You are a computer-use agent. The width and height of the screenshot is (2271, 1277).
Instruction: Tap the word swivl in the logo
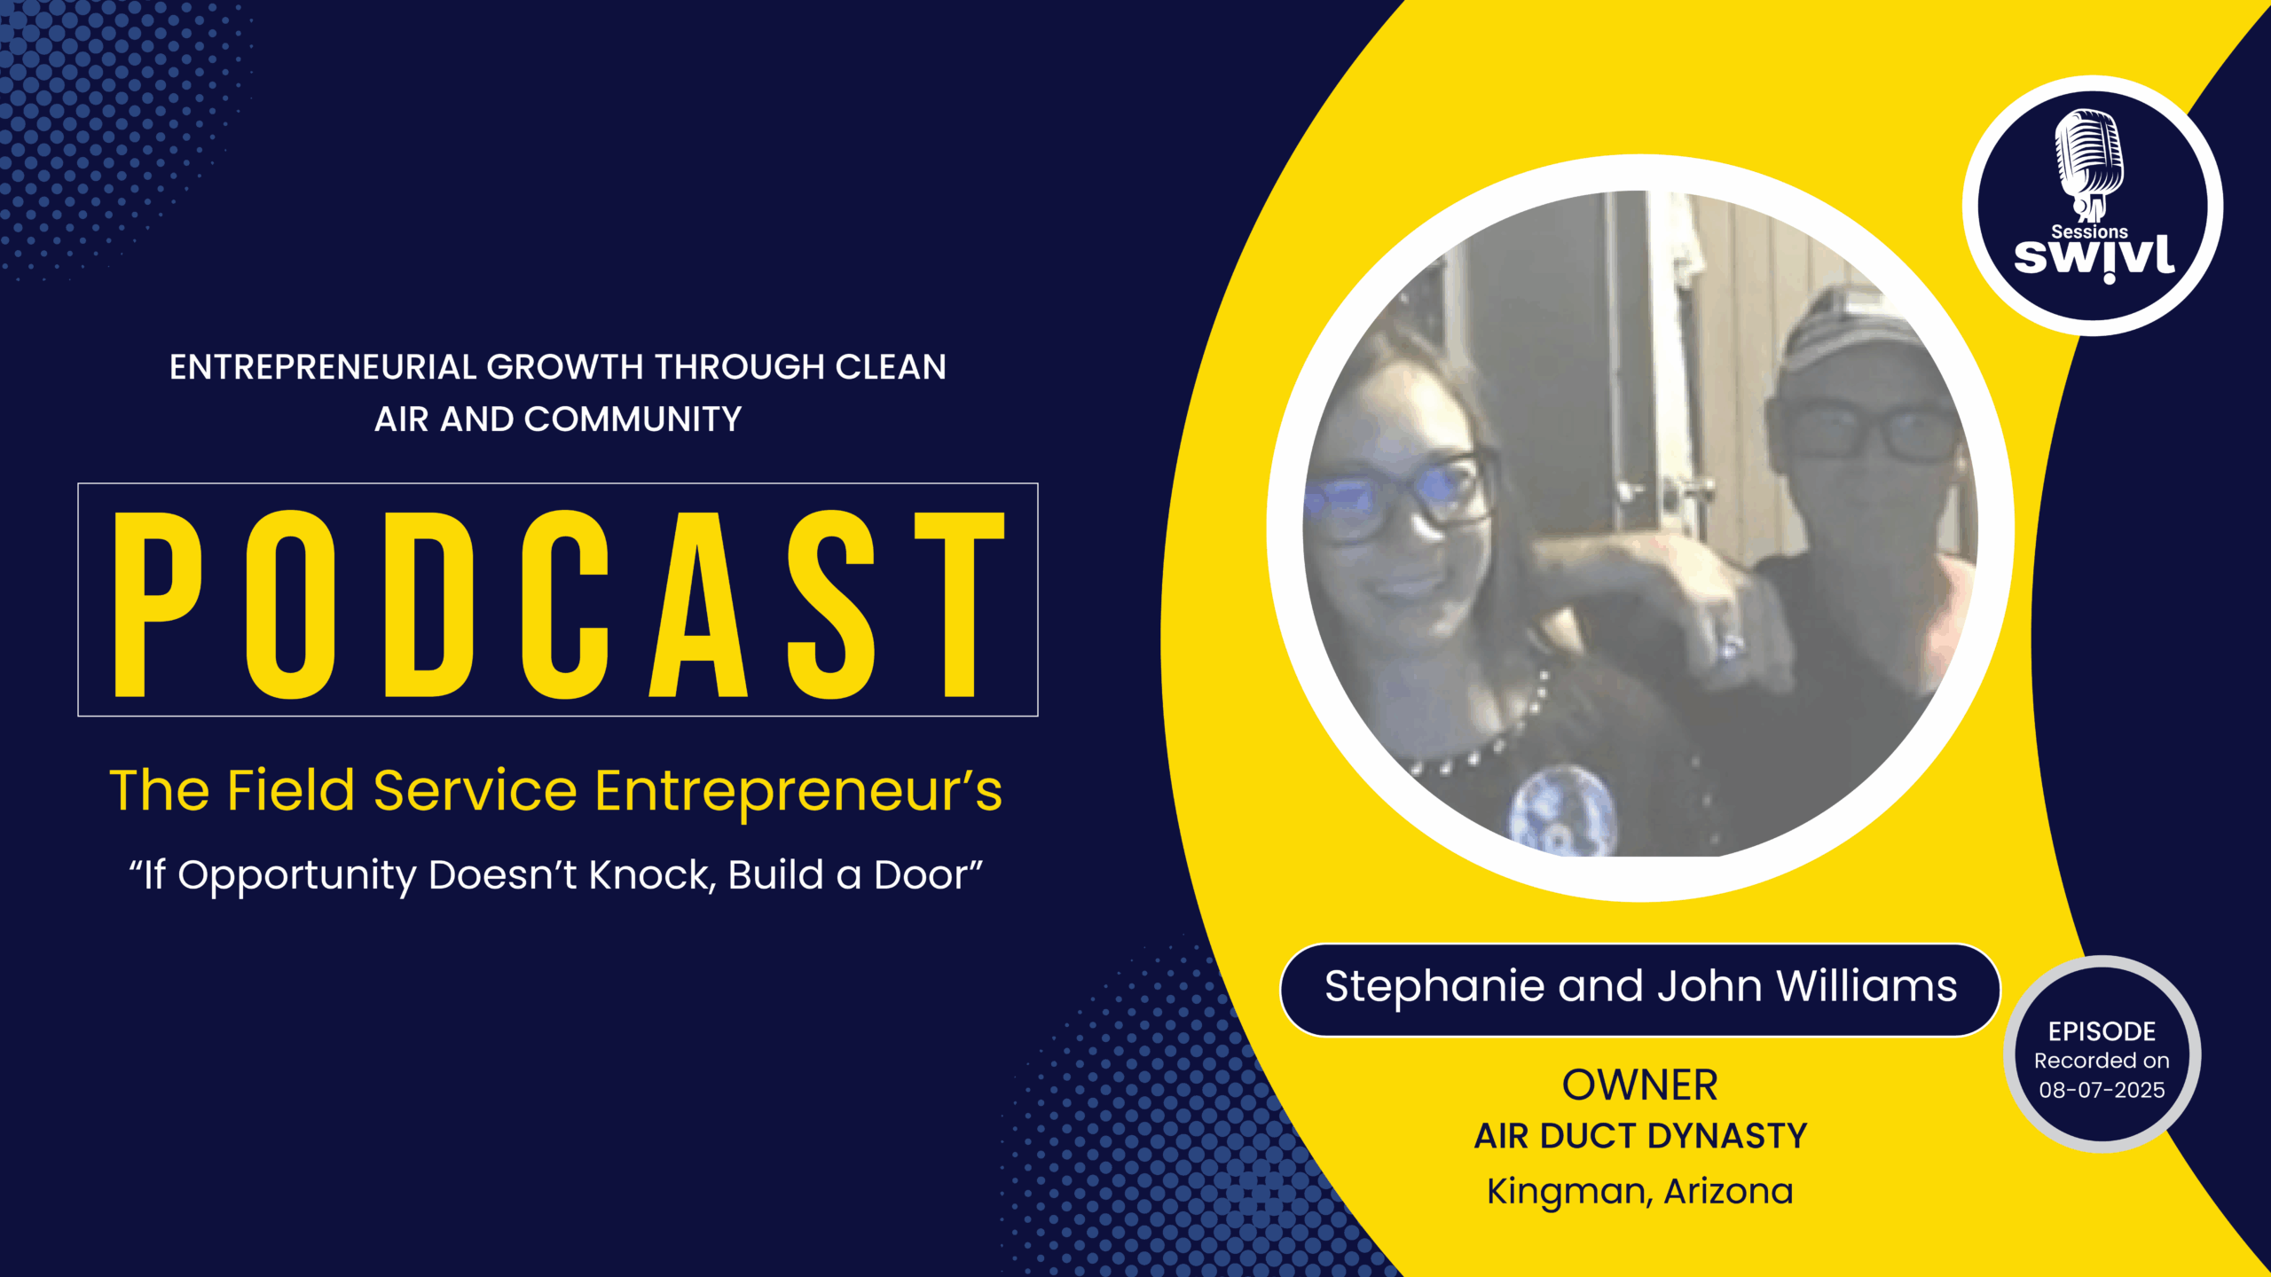pyautogui.click(x=2094, y=258)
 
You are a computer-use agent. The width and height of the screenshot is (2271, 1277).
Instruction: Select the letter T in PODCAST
pyautogui.click(x=959, y=604)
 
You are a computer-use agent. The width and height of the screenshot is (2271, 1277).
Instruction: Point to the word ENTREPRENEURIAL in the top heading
pyautogui.click(x=323, y=367)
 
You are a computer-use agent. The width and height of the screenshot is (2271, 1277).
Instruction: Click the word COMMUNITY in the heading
pyautogui.click(x=633, y=419)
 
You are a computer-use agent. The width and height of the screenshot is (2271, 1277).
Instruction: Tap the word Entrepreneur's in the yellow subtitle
pyautogui.click(x=798, y=791)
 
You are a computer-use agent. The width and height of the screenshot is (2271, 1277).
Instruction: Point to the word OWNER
pyautogui.click(x=1639, y=1085)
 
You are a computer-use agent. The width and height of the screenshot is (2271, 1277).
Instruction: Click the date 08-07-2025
pyautogui.click(x=2102, y=1090)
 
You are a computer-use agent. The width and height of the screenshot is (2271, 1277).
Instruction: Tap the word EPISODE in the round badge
pyautogui.click(x=2102, y=1031)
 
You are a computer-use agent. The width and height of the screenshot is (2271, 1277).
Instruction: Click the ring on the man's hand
pyautogui.click(x=1730, y=646)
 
